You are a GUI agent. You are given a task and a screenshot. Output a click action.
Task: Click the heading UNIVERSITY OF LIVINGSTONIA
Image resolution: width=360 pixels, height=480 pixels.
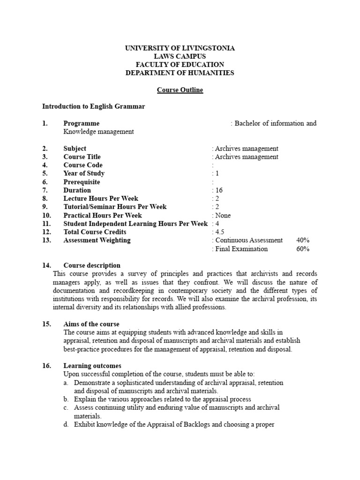tap(180, 48)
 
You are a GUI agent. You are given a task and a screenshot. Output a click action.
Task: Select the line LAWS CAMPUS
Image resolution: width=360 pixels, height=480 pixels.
tap(180, 56)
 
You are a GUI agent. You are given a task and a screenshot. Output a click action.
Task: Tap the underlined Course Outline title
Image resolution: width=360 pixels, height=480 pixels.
tap(180, 90)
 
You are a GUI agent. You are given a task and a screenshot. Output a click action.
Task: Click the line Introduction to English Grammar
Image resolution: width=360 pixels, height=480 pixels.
tap(94, 106)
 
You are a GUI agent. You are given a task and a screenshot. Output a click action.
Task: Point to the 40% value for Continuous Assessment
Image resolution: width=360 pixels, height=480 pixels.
tap(303, 240)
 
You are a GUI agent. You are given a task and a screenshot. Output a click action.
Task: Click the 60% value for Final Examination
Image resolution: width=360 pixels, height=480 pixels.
tap(303, 249)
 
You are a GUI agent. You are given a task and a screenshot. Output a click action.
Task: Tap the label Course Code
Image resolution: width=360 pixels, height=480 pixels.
tap(83, 165)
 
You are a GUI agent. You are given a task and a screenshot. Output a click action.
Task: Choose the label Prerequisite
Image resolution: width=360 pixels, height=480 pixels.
tap(82, 182)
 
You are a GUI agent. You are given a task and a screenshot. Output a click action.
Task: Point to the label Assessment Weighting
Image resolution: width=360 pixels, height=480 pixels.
tap(97, 240)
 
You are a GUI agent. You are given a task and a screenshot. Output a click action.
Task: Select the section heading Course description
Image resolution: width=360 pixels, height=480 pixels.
tap(92, 265)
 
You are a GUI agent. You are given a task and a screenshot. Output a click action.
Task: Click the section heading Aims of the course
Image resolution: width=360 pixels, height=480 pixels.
tap(91, 324)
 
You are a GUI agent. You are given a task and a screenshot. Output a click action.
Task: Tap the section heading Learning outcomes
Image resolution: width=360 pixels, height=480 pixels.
tap(92, 366)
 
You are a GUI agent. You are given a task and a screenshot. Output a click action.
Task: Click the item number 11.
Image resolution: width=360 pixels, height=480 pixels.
tap(46, 224)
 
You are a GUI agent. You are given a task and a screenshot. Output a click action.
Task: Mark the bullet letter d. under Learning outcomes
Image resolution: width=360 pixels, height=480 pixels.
tap(66, 425)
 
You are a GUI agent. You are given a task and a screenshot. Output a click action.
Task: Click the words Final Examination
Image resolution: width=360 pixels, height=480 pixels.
tap(241, 249)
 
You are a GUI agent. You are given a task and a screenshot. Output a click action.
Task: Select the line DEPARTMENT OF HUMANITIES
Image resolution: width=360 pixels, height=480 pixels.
tap(180, 73)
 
